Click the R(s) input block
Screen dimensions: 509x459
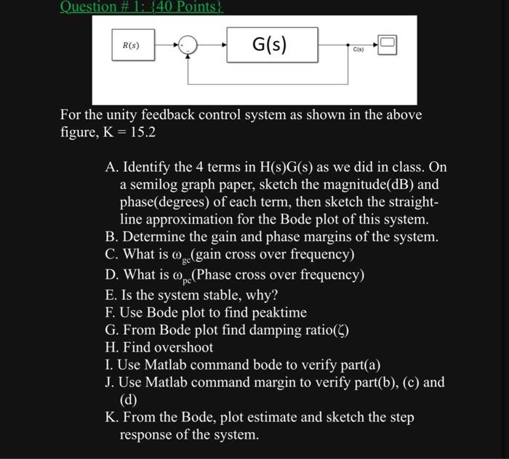(131, 45)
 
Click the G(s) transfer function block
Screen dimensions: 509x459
(272, 45)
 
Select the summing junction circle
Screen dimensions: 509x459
(189, 46)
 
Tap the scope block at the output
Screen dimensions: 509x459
(387, 44)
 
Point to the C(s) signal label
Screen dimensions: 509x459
(358, 49)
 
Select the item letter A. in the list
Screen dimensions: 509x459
(111, 167)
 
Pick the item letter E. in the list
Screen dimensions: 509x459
(111, 295)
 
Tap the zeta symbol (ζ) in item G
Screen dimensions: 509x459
(342, 330)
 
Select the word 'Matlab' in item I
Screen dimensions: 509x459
(164, 365)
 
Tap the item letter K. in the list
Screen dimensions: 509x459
(112, 418)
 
